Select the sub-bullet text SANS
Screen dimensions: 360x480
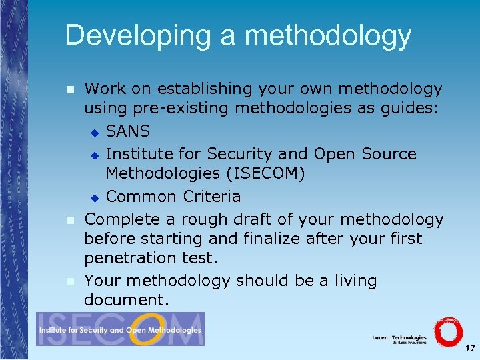pyautogui.click(x=128, y=131)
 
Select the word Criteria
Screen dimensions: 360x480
pyautogui.click(x=212, y=197)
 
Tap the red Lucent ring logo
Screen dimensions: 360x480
pyautogui.click(x=447, y=331)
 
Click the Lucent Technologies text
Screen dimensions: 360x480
pyautogui.click(x=399, y=337)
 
